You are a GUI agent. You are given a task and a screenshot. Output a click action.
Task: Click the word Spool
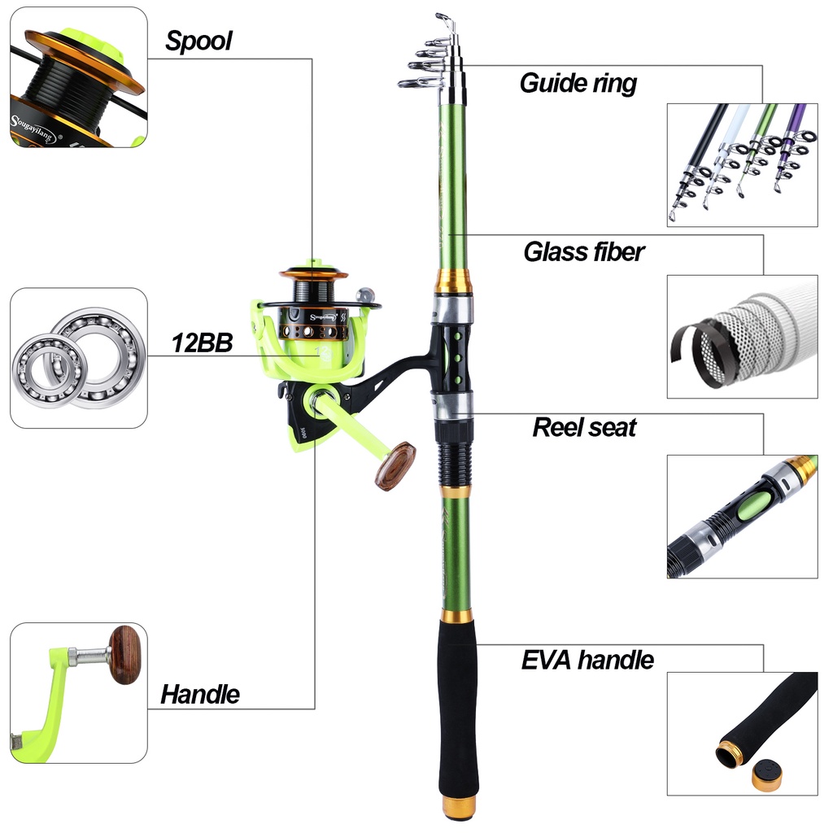click(198, 41)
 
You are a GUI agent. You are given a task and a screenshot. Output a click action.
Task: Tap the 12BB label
click(202, 343)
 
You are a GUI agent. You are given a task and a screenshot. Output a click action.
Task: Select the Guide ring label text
click(578, 84)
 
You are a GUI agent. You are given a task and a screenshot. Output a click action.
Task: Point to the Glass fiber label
click(584, 252)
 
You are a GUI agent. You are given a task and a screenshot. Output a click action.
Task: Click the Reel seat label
click(584, 428)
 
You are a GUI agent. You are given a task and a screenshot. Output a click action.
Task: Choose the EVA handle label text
click(587, 661)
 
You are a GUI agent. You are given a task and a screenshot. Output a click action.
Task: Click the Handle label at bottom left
click(200, 695)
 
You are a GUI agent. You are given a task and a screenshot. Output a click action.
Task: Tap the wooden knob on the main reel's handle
click(395, 465)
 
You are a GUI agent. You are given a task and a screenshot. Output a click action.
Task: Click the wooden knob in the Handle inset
click(125, 655)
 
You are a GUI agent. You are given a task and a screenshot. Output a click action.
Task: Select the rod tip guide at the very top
click(445, 21)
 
